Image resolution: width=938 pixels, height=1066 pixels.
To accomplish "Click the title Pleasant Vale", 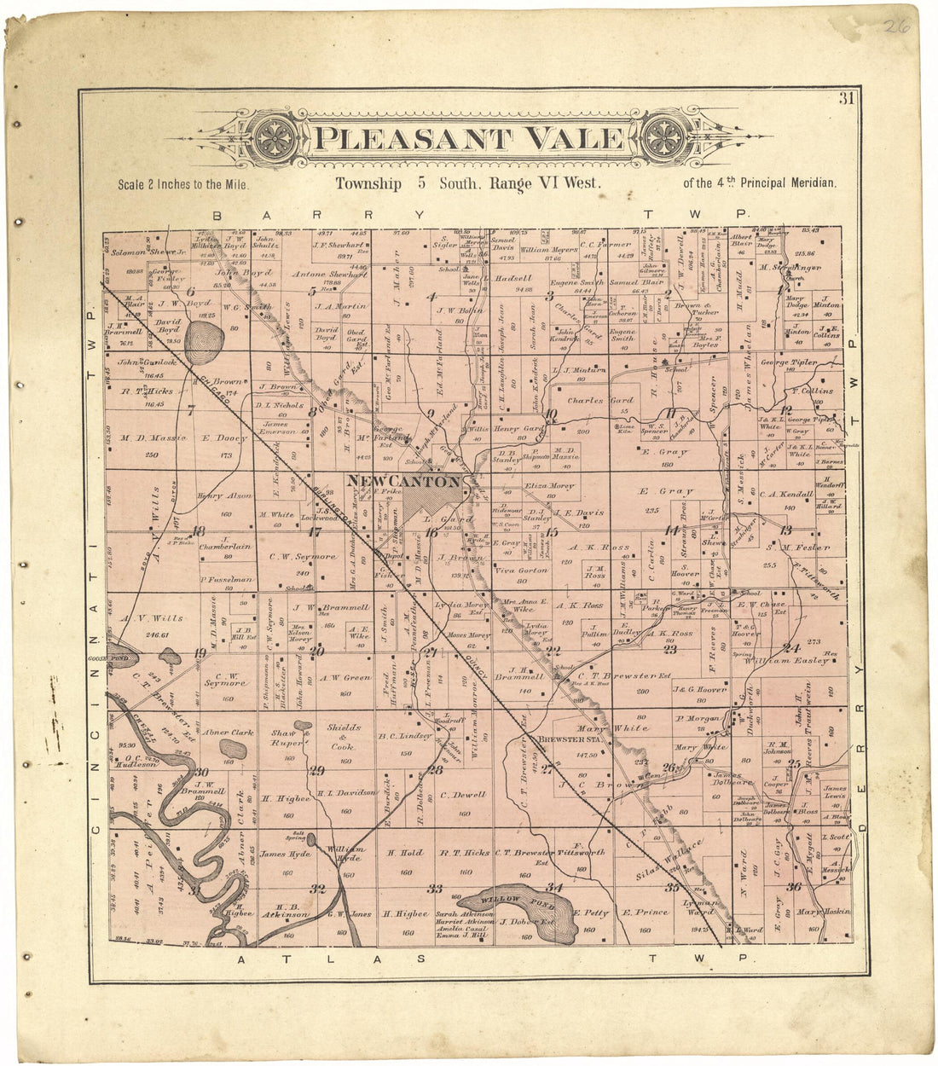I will (469, 138).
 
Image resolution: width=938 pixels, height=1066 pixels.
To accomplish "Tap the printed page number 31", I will (845, 98).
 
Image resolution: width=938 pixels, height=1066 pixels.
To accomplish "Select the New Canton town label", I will (403, 482).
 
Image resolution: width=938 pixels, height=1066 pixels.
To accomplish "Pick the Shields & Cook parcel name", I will (332, 738).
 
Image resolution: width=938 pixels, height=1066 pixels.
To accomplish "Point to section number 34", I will (555, 888).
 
